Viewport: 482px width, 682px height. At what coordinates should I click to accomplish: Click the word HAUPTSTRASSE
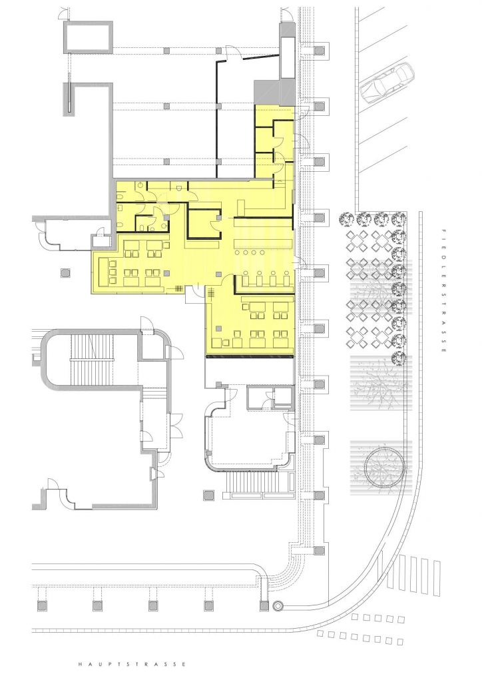(132, 664)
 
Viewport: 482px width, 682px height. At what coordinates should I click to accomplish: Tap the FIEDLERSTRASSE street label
(443, 291)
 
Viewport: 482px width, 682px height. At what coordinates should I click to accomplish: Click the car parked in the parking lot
(387, 83)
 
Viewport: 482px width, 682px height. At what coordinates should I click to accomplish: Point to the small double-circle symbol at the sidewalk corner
(277, 605)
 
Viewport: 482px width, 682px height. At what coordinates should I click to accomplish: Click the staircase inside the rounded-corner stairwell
(93, 359)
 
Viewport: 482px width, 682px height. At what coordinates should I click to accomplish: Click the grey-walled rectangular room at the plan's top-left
(89, 37)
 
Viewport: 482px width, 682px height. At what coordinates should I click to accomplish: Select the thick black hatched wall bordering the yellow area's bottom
(250, 357)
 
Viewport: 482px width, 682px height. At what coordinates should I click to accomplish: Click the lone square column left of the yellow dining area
(65, 272)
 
